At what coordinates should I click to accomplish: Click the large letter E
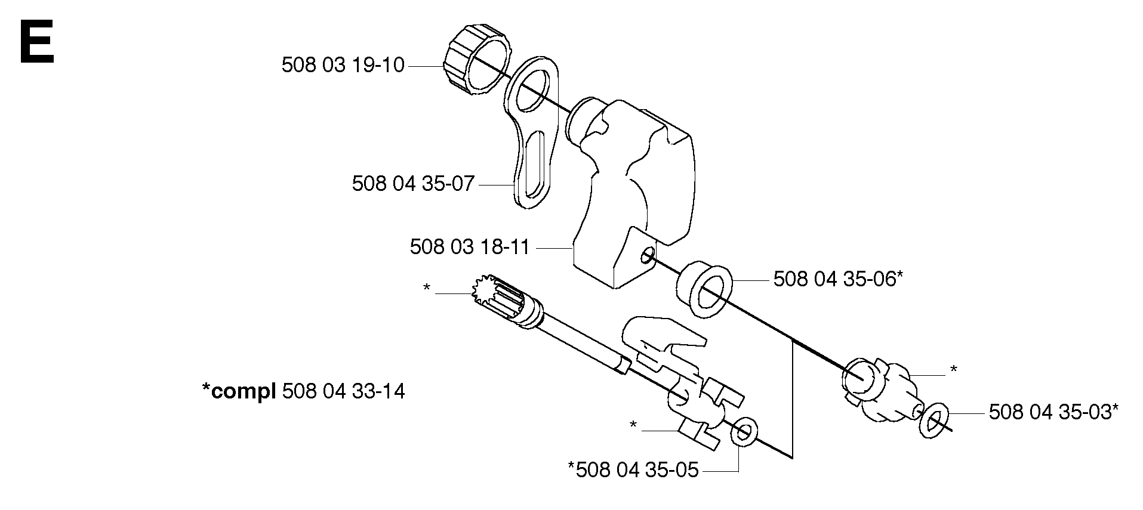click(x=37, y=42)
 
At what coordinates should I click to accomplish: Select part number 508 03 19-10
click(x=343, y=65)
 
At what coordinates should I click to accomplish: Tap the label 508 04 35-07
click(x=413, y=183)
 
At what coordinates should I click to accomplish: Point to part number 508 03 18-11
click(x=470, y=247)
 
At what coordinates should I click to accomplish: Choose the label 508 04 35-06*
click(x=838, y=279)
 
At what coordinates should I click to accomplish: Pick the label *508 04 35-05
click(x=633, y=470)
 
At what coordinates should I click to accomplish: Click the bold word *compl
click(x=239, y=392)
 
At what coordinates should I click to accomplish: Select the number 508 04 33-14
click(x=343, y=391)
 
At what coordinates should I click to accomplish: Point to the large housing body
click(x=633, y=191)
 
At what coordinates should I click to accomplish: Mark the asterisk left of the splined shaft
click(x=427, y=288)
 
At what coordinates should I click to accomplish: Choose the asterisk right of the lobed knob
click(x=953, y=370)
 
